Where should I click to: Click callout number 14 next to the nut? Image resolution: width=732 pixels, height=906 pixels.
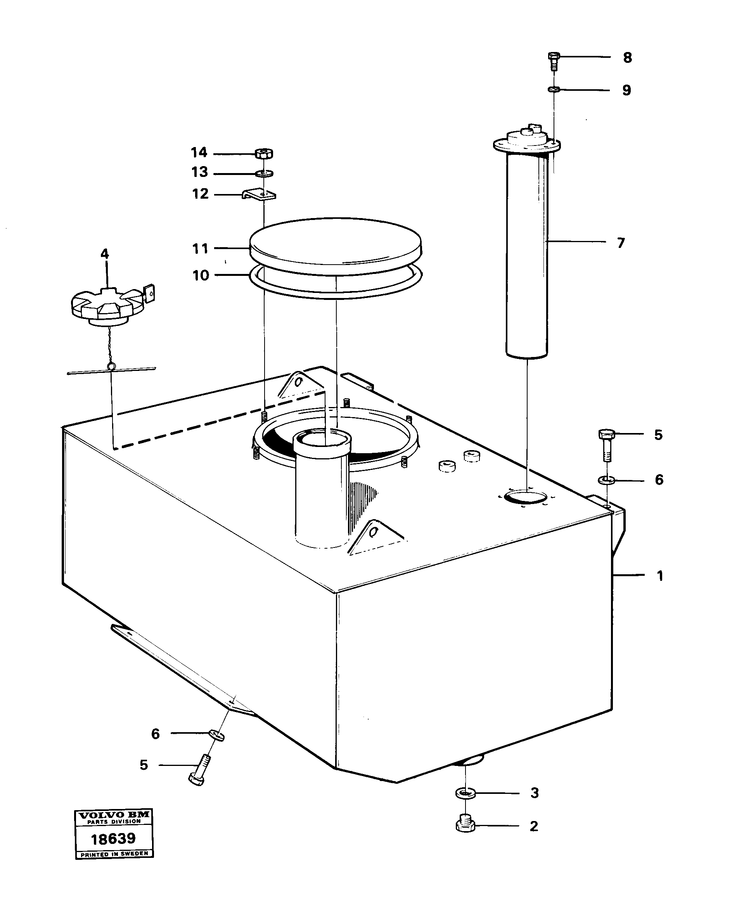click(x=199, y=152)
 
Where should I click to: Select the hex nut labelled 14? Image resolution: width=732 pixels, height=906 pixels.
click(x=264, y=154)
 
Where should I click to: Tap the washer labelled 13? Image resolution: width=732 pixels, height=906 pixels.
click(x=264, y=173)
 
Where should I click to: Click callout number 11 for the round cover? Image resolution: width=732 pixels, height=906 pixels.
click(x=200, y=249)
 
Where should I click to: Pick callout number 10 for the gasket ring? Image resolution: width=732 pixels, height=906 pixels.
click(x=201, y=275)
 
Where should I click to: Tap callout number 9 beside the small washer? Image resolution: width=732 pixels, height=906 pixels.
click(x=626, y=90)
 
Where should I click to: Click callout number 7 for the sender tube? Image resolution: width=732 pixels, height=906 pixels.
click(x=621, y=243)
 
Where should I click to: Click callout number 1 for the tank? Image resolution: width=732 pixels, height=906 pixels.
click(x=660, y=576)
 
